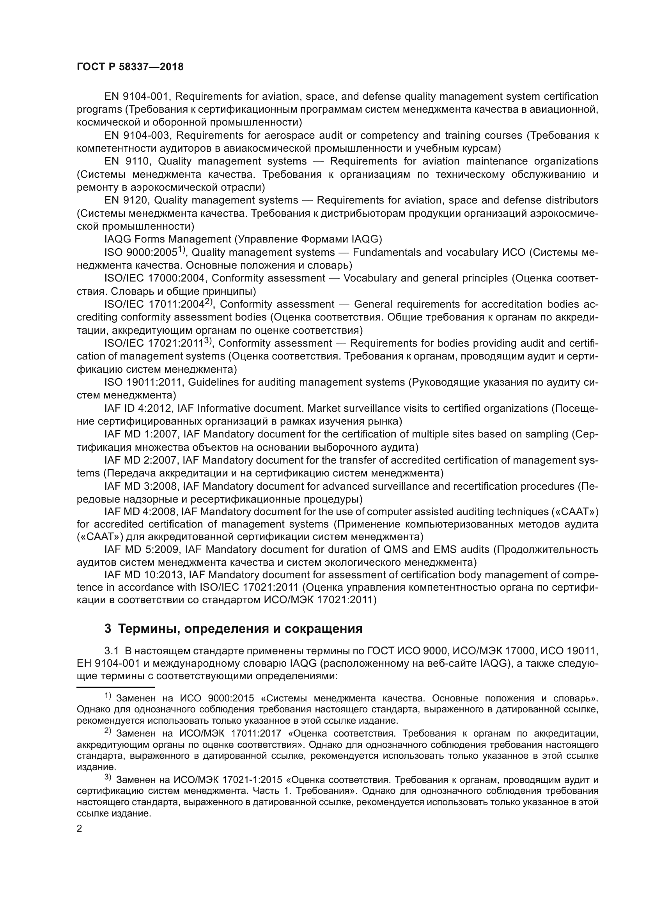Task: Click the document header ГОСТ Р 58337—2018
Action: (x=130, y=67)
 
